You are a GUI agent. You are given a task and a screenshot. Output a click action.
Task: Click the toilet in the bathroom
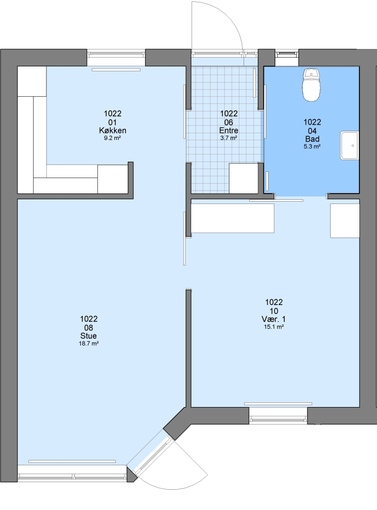point(312,85)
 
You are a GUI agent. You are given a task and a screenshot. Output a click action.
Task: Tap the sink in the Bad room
point(350,145)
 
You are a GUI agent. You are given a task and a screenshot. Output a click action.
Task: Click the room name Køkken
point(113,131)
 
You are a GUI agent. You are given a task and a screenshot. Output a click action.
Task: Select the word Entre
point(229,130)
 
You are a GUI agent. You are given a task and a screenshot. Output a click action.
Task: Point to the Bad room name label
point(312,139)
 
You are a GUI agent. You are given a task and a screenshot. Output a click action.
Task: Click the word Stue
point(88,336)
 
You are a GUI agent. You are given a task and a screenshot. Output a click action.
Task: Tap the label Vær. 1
point(274,319)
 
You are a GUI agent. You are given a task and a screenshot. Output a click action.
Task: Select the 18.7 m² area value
point(88,343)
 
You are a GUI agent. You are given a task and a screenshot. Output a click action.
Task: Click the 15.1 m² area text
point(274,327)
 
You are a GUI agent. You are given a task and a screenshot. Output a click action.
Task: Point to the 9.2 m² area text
point(113,138)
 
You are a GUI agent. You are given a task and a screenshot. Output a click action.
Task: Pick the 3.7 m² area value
point(229,138)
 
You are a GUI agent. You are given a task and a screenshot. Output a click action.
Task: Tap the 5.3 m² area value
point(312,146)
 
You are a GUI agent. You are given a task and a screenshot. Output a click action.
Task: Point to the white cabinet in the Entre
point(244,178)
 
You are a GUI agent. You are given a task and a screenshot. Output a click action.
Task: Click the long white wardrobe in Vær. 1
point(232,218)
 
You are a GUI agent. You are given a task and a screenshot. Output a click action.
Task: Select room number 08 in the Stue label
point(88,328)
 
